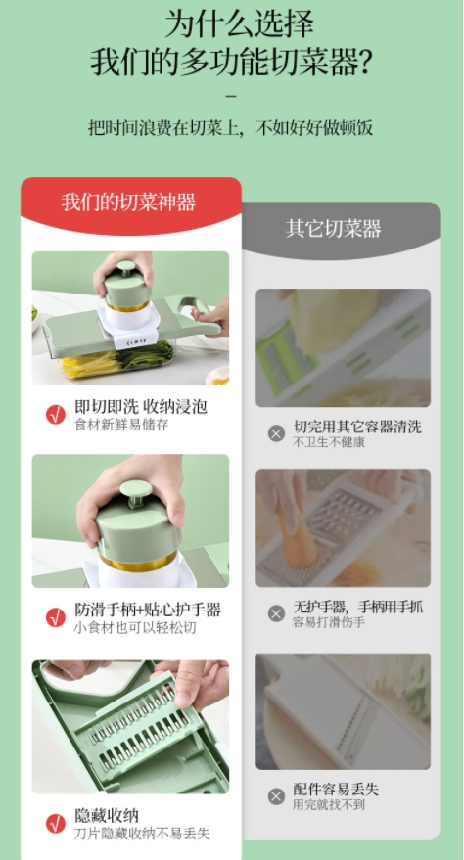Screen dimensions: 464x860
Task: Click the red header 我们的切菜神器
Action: coord(128,203)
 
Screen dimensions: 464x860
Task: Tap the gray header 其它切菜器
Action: coord(334,228)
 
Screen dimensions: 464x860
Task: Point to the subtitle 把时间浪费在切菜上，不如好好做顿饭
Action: coord(231,127)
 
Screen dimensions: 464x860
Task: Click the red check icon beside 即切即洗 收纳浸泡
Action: coord(56,415)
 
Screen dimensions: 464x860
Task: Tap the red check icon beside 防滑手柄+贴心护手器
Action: coord(56,617)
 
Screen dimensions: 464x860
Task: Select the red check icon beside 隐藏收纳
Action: coord(56,823)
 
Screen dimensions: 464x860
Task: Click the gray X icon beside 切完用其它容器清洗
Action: coord(276,433)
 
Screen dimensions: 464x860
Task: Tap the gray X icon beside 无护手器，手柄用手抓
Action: coord(276,613)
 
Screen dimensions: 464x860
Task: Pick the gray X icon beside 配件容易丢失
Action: coord(276,796)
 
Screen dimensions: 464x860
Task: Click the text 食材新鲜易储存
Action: coord(121,425)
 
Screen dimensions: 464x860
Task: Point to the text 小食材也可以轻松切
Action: coord(135,627)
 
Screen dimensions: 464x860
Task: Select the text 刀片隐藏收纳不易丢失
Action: coord(142,834)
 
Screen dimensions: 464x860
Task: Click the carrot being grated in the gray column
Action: coord(293,528)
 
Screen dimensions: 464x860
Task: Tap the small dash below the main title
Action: coord(231,96)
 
